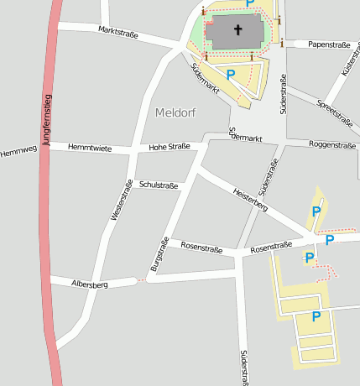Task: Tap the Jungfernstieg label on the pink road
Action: tap(47, 123)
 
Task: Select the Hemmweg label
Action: tap(18, 152)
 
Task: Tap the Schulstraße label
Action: tap(159, 184)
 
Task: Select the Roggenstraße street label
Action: tap(332, 144)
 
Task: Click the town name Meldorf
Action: tap(176, 112)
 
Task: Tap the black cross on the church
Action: tap(237, 31)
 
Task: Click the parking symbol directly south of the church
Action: tap(231, 76)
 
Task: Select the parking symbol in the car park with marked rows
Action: tap(316, 316)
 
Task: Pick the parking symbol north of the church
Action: tap(250, 4)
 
